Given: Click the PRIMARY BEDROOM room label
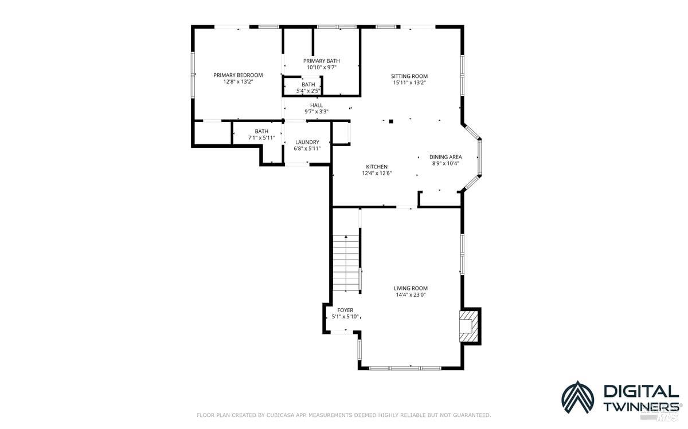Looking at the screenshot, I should [x=238, y=75].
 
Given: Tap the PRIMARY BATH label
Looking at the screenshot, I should [x=321, y=61].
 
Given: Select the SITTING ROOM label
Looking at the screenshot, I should [x=409, y=76].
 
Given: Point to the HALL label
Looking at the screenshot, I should [x=316, y=105].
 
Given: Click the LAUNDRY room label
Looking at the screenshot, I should [x=307, y=142].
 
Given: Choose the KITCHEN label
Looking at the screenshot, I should [x=377, y=167].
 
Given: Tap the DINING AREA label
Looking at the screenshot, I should [x=445, y=157].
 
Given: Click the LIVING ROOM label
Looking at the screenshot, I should [x=411, y=288].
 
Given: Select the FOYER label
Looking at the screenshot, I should [x=345, y=310].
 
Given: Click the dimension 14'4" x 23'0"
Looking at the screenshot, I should [x=411, y=295].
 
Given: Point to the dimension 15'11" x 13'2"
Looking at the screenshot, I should [x=409, y=82].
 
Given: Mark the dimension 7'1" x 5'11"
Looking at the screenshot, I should [x=261, y=137].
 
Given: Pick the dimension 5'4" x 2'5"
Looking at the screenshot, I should [x=308, y=90].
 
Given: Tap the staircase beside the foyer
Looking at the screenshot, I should [x=346, y=263].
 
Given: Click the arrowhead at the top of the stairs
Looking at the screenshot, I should [x=346, y=236].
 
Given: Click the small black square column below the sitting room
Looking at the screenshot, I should [x=391, y=121].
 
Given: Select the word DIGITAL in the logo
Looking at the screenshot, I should [x=640, y=391].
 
